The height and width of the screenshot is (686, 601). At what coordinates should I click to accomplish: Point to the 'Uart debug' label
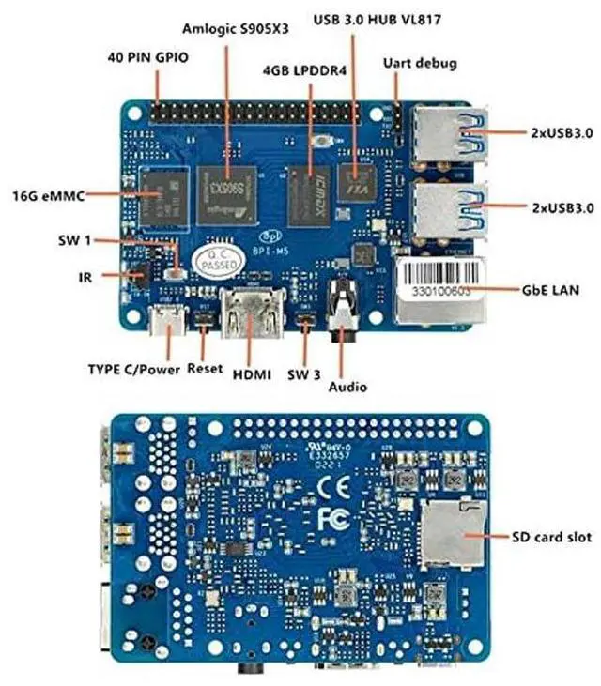(x=420, y=64)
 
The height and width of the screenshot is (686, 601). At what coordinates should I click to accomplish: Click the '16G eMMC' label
(x=49, y=196)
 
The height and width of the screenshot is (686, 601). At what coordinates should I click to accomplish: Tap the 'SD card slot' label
(x=551, y=537)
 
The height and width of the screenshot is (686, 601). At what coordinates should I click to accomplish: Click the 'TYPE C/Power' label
(x=133, y=369)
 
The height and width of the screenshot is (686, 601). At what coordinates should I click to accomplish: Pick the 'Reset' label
(x=205, y=369)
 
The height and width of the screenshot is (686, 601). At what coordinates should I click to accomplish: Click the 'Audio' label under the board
(x=347, y=387)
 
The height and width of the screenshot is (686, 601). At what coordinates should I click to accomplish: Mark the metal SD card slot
(x=452, y=533)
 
